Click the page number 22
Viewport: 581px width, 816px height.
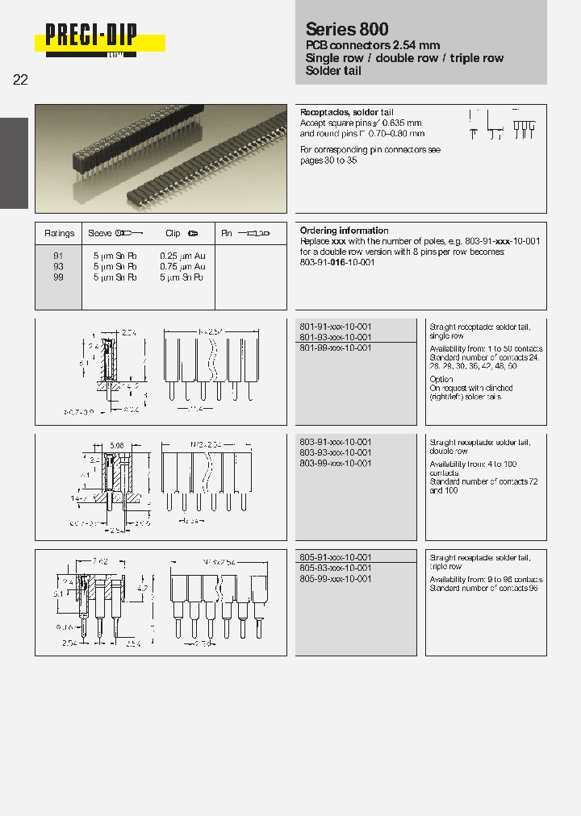pos(21,80)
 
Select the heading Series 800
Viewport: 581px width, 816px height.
pos(347,29)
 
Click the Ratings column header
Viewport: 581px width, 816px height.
pos(59,233)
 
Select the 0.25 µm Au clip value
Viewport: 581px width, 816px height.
pos(182,256)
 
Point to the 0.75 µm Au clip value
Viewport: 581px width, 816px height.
pos(182,266)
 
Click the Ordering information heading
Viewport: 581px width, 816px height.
pos(344,231)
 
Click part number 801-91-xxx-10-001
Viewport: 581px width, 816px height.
pos(335,327)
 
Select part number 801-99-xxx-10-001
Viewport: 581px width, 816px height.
pos(335,348)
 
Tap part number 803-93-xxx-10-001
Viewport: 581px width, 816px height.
pos(335,453)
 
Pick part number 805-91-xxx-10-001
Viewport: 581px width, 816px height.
pos(335,558)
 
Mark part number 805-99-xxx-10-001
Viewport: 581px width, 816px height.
pos(335,579)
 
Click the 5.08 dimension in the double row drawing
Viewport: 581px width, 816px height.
pos(116,443)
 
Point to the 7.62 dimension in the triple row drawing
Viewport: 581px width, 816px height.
pos(98,559)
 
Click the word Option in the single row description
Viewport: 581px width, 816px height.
pos(441,379)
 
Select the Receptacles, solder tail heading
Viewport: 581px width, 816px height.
pos(346,113)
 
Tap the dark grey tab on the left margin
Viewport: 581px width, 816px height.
pos(15,163)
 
